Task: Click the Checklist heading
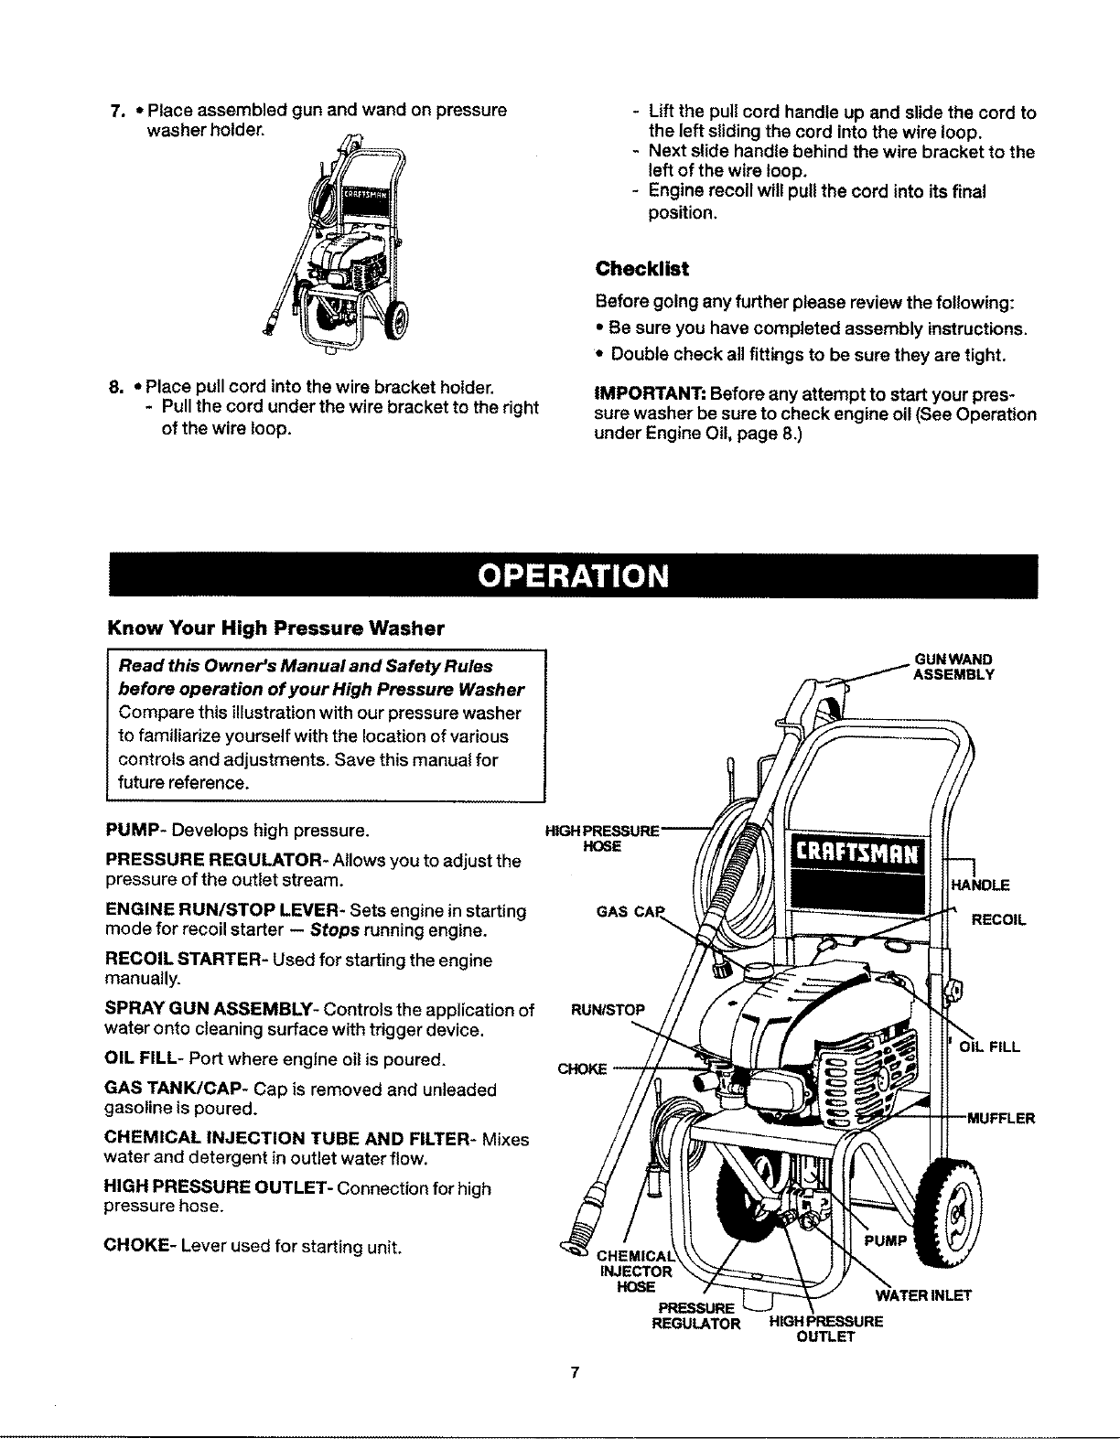pyautogui.click(x=641, y=270)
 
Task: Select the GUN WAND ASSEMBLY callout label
pyautogui.click(x=953, y=667)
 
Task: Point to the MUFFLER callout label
pyautogui.click(x=1001, y=1118)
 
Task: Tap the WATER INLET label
pyautogui.click(x=923, y=1295)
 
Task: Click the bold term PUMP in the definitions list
pyautogui.click(x=135, y=832)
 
